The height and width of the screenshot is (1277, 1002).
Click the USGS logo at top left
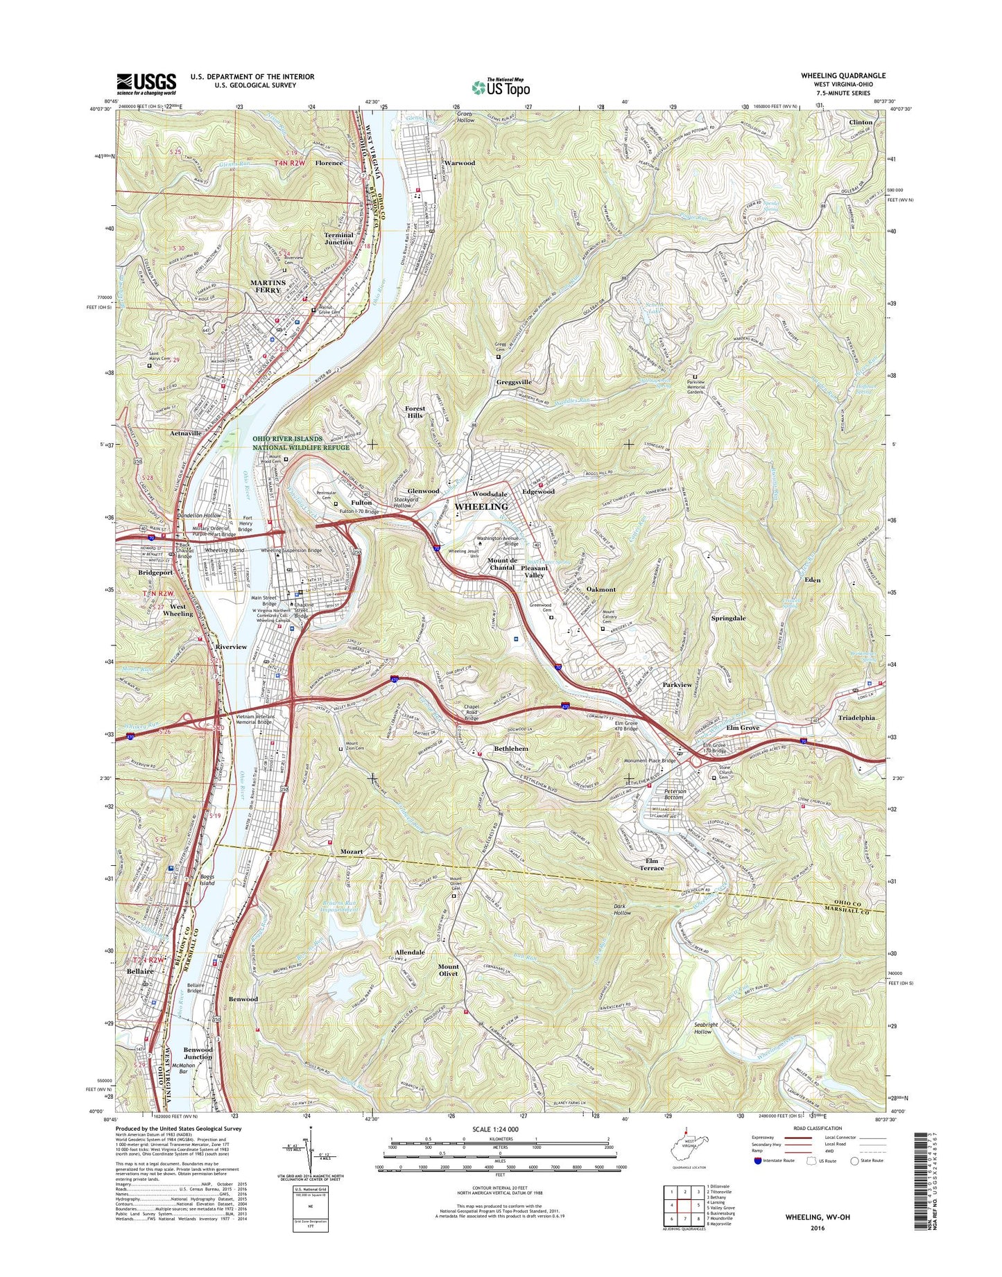(x=146, y=84)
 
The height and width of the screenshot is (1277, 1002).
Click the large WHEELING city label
(x=481, y=507)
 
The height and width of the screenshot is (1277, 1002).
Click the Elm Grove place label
(x=742, y=728)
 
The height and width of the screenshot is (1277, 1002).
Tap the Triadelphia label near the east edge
(x=856, y=718)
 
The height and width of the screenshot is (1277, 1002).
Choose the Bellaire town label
(x=140, y=973)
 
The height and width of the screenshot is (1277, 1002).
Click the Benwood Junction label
(x=198, y=1054)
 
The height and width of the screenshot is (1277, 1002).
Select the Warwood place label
(x=459, y=163)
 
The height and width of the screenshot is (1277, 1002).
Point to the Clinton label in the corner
(x=861, y=122)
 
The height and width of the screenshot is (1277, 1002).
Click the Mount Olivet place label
(x=448, y=970)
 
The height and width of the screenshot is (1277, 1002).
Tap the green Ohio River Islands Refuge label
(x=301, y=443)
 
